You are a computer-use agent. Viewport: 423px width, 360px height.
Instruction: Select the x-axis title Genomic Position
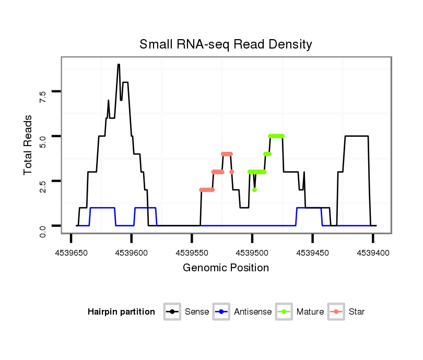(x=226, y=268)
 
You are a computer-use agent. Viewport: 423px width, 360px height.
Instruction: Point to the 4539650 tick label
(x=70, y=253)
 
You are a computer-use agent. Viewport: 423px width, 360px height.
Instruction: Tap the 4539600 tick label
(x=131, y=253)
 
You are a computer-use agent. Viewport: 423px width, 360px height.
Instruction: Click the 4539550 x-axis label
(x=192, y=253)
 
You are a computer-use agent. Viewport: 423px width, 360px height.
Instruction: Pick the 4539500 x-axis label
(x=252, y=253)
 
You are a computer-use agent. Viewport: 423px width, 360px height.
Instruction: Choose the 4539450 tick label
(x=312, y=253)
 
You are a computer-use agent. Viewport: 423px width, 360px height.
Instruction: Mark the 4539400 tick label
(x=372, y=253)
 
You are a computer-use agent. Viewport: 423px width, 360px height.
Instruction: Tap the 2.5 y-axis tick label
(x=43, y=186)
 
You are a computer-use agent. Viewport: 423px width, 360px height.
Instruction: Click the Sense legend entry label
(x=197, y=312)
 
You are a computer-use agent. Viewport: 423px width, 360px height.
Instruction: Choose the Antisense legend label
(x=252, y=312)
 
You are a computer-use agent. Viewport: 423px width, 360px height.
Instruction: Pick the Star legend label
(x=356, y=312)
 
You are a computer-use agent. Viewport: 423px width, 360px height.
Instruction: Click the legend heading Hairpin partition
(x=121, y=312)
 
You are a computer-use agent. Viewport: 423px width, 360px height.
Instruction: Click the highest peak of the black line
(x=119, y=65)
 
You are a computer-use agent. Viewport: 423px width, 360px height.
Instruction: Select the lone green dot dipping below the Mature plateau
(x=254, y=189)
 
